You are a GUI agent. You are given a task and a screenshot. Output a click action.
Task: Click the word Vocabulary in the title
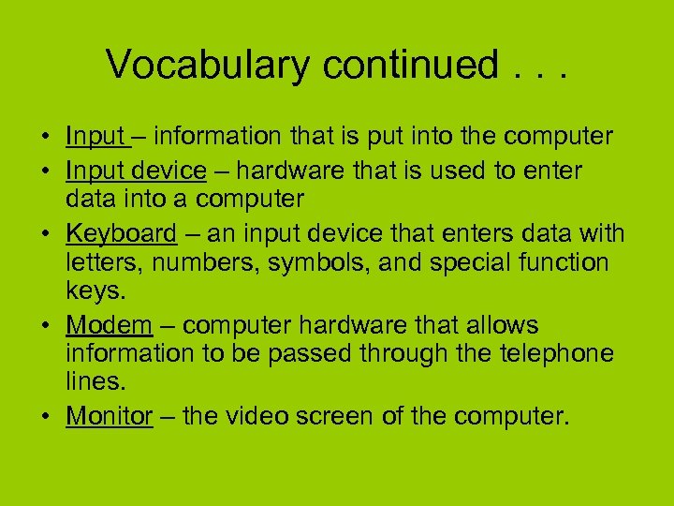click(x=208, y=66)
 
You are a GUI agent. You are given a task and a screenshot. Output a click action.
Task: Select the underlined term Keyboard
click(x=121, y=232)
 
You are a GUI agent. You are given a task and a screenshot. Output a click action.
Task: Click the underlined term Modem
click(x=109, y=325)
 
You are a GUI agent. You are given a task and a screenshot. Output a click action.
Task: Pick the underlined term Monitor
click(x=109, y=416)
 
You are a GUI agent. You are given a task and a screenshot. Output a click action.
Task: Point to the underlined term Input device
click(x=136, y=171)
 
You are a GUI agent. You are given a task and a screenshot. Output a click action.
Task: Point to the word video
click(x=253, y=416)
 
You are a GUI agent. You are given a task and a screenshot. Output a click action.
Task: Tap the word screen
click(x=336, y=416)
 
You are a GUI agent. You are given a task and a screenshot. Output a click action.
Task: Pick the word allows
click(x=504, y=325)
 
